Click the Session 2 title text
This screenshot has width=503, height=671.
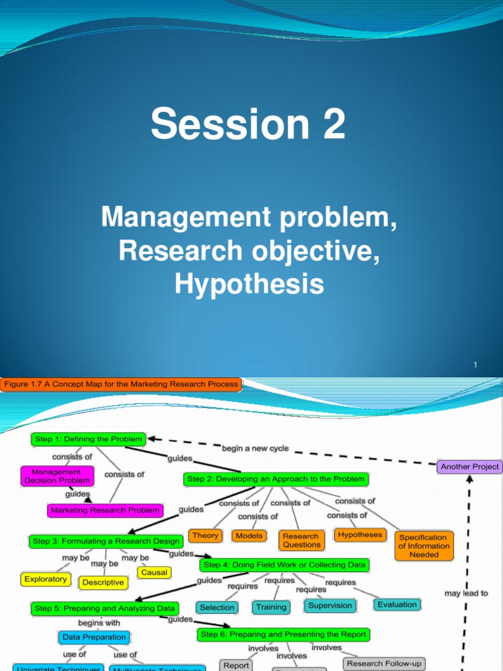(248, 125)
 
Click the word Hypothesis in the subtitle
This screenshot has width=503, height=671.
(249, 284)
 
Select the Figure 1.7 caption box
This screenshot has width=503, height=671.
(122, 384)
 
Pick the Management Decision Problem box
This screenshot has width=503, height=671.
(56, 476)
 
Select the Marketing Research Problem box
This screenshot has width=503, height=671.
(105, 510)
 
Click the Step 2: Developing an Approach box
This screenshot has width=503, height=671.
(276, 479)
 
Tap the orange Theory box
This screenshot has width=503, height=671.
(205, 536)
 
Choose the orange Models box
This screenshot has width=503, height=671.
(249, 536)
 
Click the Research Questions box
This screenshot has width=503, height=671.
(301, 540)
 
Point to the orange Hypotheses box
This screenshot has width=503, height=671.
(360, 535)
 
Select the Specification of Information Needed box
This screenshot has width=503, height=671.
(424, 546)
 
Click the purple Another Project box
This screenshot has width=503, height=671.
(470, 467)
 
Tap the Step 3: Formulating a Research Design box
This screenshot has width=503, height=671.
(105, 541)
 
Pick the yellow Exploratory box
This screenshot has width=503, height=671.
(45, 579)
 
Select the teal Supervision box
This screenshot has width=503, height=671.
(330, 605)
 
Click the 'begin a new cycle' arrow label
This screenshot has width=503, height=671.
(255, 449)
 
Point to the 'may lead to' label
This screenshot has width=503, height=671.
(466, 593)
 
